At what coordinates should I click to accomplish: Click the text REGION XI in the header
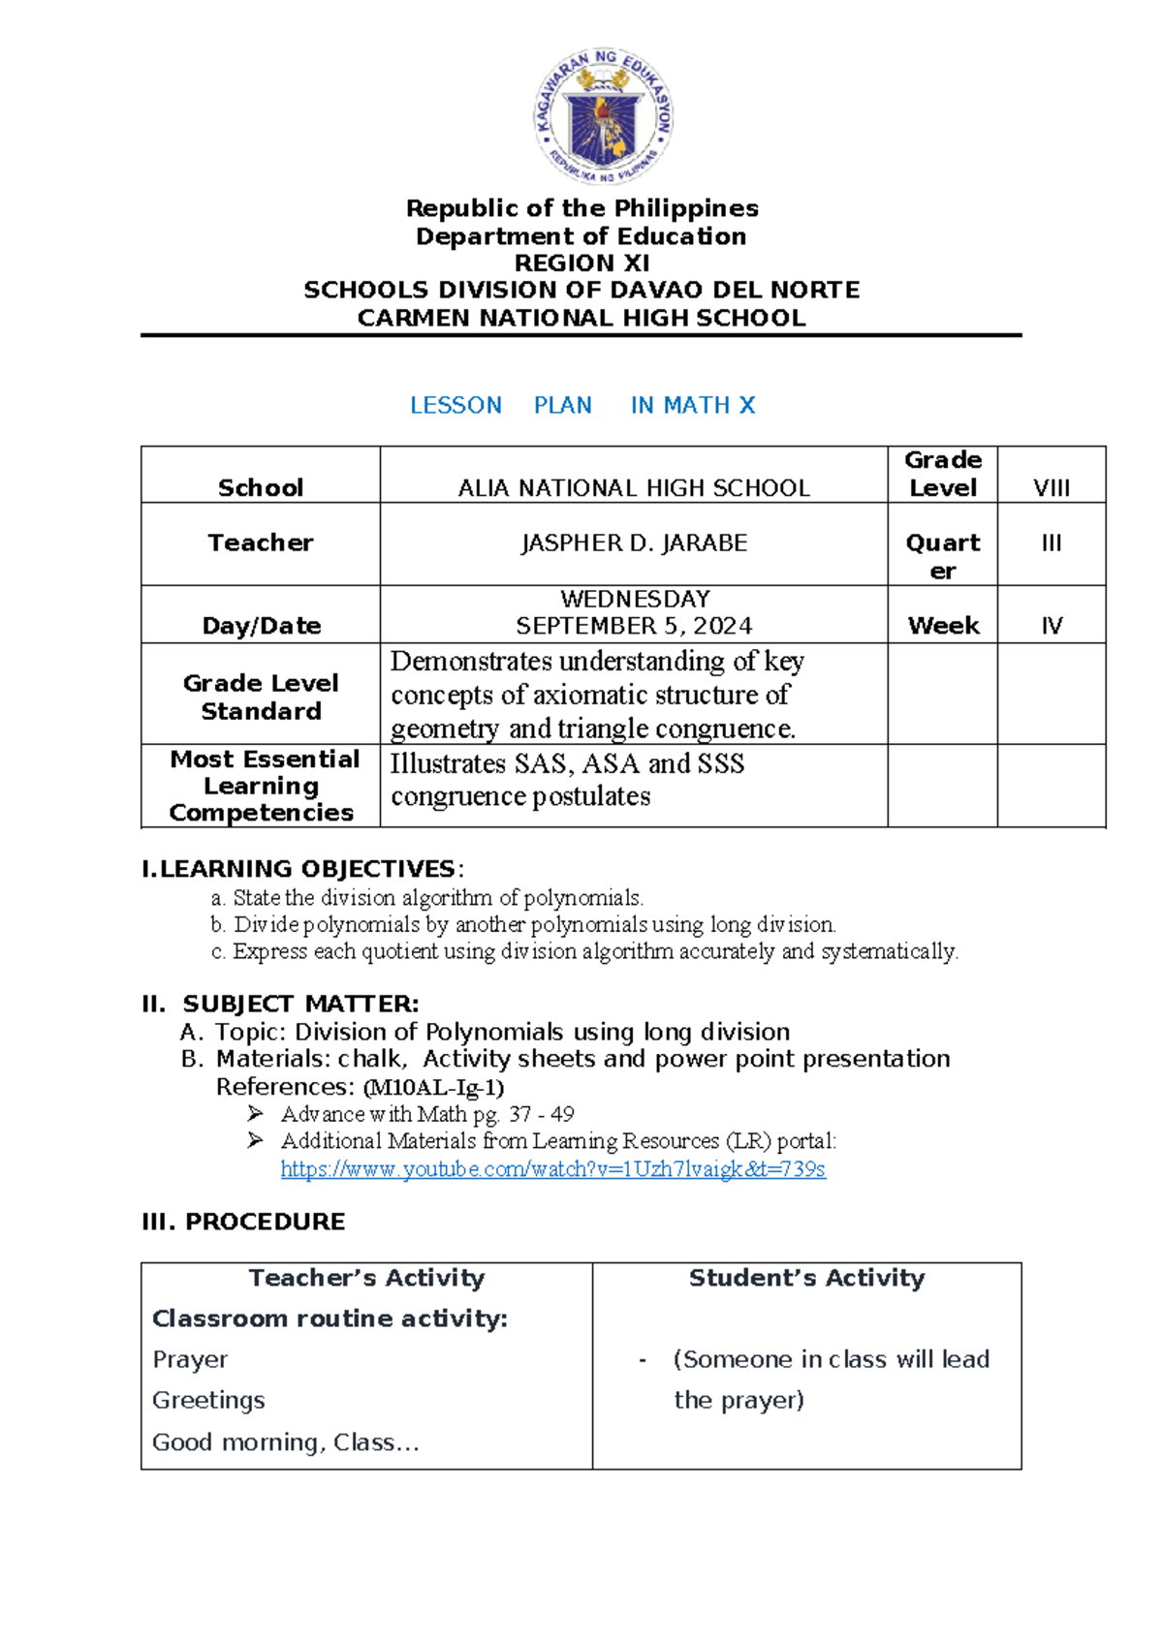581,263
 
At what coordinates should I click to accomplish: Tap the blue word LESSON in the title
456,405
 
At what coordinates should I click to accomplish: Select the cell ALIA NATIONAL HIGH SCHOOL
634,487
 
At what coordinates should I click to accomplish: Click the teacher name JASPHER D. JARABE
634,543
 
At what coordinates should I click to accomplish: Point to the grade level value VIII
1052,487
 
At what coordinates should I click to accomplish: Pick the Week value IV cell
1052,626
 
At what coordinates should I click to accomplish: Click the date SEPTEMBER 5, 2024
634,626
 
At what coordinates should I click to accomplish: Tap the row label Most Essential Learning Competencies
263,786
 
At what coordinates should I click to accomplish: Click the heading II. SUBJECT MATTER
281,1004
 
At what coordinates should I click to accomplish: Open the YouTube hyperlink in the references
552,1169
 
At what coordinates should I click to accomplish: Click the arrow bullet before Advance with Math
255,1113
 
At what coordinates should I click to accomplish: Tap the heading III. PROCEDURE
243,1222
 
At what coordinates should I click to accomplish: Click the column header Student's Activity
806,1278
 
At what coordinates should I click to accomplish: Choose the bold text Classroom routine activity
330,1318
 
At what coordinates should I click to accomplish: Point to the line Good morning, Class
285,1442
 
